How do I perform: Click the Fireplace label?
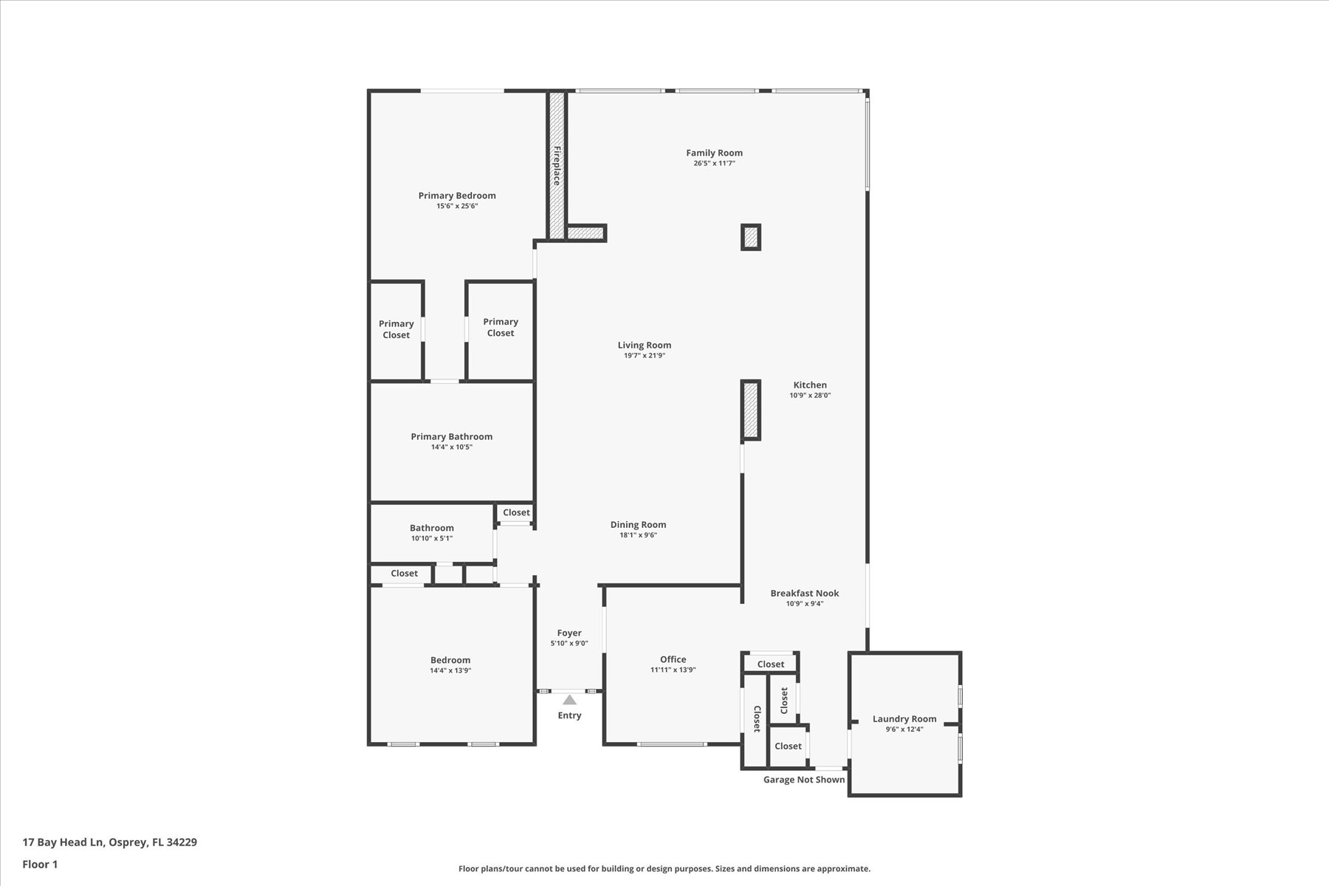(x=557, y=165)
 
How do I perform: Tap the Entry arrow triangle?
(x=569, y=700)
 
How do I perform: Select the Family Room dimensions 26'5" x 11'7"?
(x=714, y=163)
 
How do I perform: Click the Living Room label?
(x=645, y=345)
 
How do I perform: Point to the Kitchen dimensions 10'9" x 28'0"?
(x=810, y=395)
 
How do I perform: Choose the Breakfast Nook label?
(x=805, y=593)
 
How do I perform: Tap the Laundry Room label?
(x=904, y=718)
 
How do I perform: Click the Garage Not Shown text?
(x=804, y=780)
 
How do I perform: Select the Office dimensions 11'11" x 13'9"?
(x=673, y=670)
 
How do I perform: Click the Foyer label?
(x=569, y=633)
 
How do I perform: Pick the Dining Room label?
(x=638, y=525)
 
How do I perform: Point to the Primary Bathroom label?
(x=452, y=436)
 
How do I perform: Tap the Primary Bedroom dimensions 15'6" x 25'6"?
(x=457, y=206)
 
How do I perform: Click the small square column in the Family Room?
(x=751, y=237)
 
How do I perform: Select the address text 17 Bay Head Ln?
(x=64, y=842)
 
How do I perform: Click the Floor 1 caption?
(x=40, y=864)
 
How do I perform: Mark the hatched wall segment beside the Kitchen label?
(x=751, y=411)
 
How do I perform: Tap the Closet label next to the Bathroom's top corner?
(x=516, y=512)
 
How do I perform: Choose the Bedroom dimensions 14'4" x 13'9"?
(x=450, y=670)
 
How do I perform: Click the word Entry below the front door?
(x=569, y=715)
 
